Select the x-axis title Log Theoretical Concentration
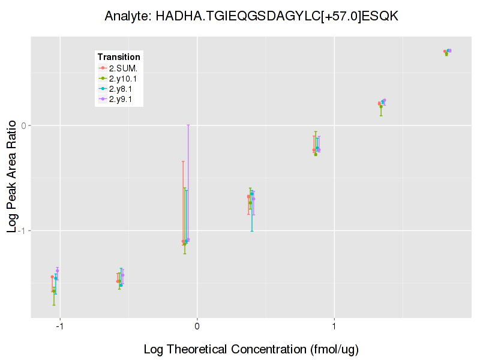point(251,349)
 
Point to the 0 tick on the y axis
point(24,125)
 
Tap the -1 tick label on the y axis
point(22,230)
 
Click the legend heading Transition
point(119,57)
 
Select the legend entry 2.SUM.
point(123,68)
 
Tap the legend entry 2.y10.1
point(125,79)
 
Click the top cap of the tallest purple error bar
point(188,125)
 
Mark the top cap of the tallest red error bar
point(183,161)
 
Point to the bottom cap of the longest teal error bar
point(252,231)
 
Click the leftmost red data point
point(52,277)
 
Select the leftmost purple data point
point(58,271)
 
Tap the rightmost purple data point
point(450,50)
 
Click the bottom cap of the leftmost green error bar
point(54,305)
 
